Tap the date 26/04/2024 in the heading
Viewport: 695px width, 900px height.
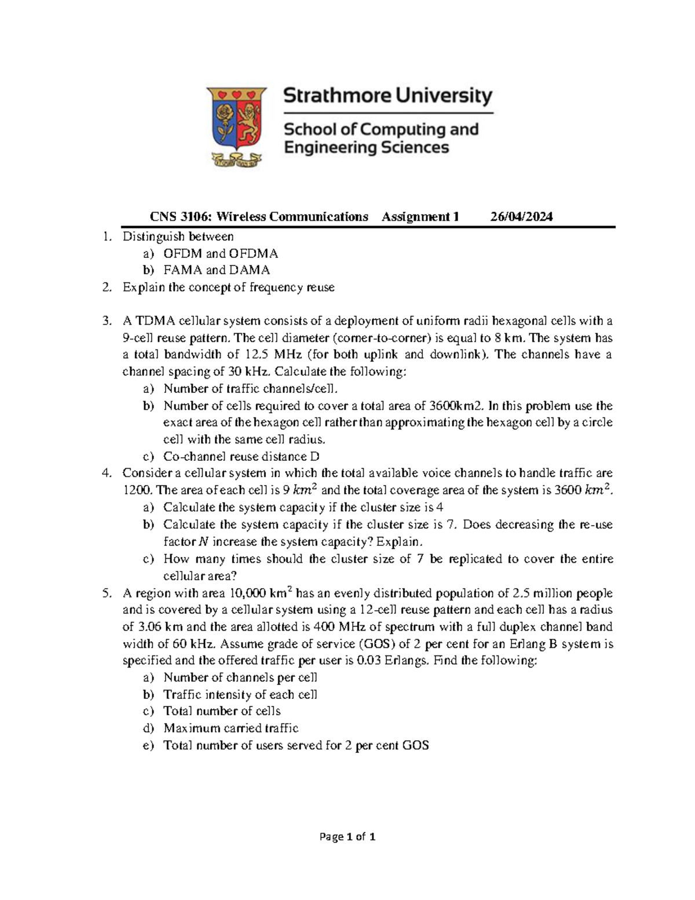pyautogui.click(x=521, y=217)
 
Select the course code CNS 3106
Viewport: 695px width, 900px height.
pyautogui.click(x=174, y=217)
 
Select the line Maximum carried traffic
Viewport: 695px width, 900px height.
pyautogui.click(x=231, y=728)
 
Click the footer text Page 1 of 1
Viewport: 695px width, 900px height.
pyautogui.click(x=348, y=837)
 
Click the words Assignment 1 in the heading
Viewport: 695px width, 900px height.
pyautogui.click(x=420, y=217)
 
